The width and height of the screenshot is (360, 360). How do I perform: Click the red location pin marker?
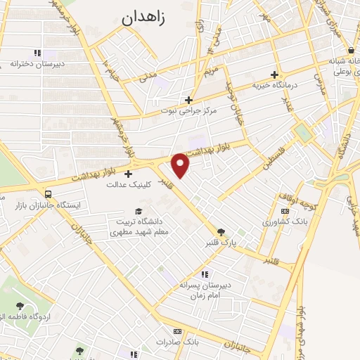click(x=181, y=165)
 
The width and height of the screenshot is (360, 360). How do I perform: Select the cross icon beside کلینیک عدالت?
click(x=128, y=174)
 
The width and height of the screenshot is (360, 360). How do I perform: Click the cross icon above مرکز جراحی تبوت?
click(x=188, y=99)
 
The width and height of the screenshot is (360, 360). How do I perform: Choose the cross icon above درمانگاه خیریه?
click(x=274, y=74)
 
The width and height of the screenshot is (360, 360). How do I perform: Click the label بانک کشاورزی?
click(x=285, y=222)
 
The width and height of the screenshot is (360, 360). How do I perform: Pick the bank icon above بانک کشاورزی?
click(x=284, y=211)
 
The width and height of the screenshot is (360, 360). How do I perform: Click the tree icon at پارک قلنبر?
click(x=221, y=231)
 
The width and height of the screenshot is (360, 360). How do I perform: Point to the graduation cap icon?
click(x=139, y=211)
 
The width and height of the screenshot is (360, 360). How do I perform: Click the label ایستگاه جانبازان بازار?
click(x=48, y=205)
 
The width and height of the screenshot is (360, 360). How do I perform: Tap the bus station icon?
click(x=47, y=194)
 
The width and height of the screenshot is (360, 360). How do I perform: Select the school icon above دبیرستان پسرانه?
click(x=205, y=274)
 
